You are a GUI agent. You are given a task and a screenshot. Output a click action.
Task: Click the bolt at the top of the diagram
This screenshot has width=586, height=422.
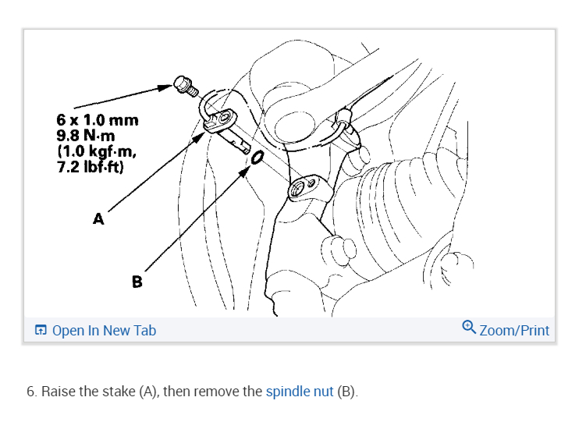click(x=185, y=83)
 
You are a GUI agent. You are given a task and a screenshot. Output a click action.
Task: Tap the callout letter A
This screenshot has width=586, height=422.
click(x=98, y=219)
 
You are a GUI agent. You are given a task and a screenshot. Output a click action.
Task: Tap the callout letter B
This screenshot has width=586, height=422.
click(x=137, y=282)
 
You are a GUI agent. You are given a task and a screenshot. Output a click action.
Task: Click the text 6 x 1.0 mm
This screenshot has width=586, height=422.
click(x=98, y=121)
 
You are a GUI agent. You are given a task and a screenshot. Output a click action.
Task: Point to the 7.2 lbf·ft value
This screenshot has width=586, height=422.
click(x=90, y=167)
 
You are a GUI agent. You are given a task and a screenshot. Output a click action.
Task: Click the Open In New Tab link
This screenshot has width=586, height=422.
click(x=104, y=331)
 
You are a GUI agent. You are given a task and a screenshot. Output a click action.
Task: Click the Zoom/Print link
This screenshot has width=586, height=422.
click(x=514, y=331)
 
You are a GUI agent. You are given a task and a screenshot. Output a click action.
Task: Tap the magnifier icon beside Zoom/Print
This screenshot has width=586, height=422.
click(x=469, y=328)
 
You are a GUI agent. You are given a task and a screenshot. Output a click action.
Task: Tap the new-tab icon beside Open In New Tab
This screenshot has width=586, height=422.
click(x=41, y=331)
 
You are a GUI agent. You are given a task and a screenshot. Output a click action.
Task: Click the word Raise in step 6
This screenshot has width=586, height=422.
click(x=59, y=392)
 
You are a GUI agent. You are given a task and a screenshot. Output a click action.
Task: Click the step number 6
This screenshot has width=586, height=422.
click(x=30, y=392)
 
